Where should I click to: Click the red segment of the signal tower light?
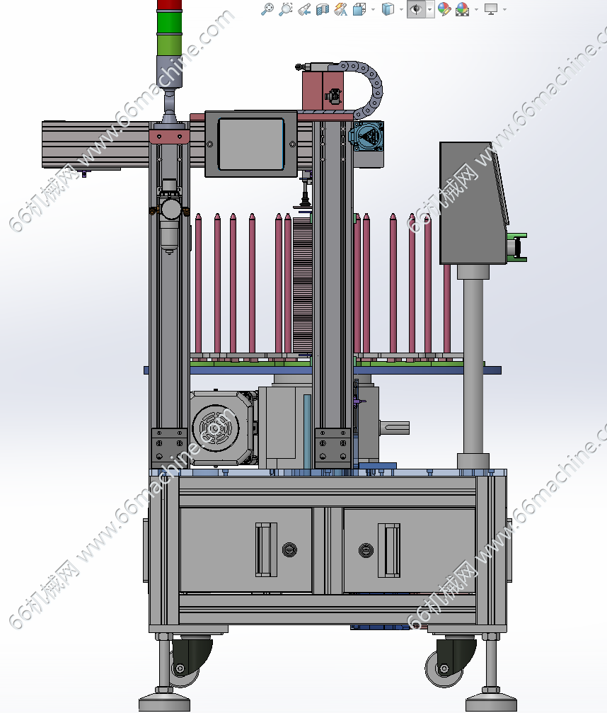pos(169,4)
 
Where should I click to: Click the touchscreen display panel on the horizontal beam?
pos(251,144)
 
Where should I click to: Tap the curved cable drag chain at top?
pos(368,87)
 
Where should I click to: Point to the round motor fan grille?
pos(215,428)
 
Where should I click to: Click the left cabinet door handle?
pos(266,549)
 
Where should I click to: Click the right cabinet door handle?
pos(389,549)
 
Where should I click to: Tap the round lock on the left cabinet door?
pos(289,549)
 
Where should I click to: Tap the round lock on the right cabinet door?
pos(366,550)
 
